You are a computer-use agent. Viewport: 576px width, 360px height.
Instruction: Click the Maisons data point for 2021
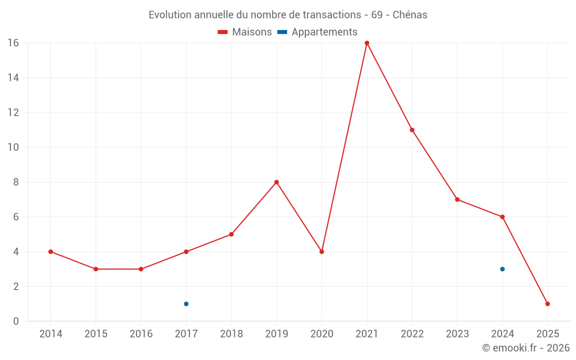coord(367,43)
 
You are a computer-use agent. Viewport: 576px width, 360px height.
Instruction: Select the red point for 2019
coord(276,182)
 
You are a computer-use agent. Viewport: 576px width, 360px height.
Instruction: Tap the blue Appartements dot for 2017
coord(186,304)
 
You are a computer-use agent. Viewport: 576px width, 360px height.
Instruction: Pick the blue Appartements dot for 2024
coord(502,269)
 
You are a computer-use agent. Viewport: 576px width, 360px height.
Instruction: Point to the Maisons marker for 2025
coord(547,304)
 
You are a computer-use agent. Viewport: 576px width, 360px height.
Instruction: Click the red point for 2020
coord(321,252)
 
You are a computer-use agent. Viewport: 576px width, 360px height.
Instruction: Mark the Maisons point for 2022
coord(412,130)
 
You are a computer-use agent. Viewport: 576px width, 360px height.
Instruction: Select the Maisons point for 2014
coord(51,252)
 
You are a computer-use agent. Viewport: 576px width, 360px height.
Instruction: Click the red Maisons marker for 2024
coord(502,217)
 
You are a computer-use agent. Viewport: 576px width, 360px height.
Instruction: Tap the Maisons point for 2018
coord(231,234)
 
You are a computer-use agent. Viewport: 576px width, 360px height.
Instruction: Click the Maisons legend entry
coord(245,32)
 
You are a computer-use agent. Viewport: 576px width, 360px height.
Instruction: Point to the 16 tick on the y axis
coord(13,43)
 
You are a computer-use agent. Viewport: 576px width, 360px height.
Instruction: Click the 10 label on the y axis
coord(13,147)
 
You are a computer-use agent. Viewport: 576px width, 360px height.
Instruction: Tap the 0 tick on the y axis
coord(16,321)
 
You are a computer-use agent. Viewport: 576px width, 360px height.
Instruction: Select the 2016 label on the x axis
coord(141,334)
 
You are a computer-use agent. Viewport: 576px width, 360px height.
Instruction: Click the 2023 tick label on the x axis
coord(457,334)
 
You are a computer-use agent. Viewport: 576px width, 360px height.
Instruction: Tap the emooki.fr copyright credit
coord(526,348)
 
